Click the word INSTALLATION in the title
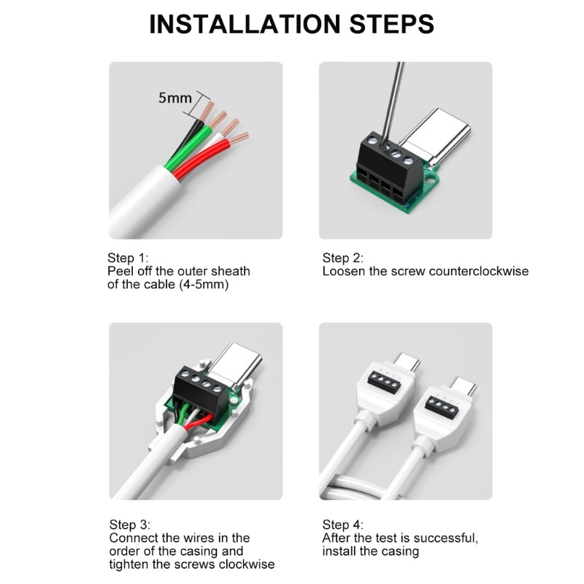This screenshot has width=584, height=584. (245, 24)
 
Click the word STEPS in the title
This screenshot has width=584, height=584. (391, 24)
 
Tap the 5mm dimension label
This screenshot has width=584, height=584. (174, 98)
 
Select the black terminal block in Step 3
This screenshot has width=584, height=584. (200, 389)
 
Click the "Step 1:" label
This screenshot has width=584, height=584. (128, 258)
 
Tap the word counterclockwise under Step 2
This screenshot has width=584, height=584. (479, 271)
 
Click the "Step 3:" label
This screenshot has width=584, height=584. (130, 524)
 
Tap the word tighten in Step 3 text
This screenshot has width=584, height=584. (126, 564)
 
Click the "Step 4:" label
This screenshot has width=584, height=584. (342, 524)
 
